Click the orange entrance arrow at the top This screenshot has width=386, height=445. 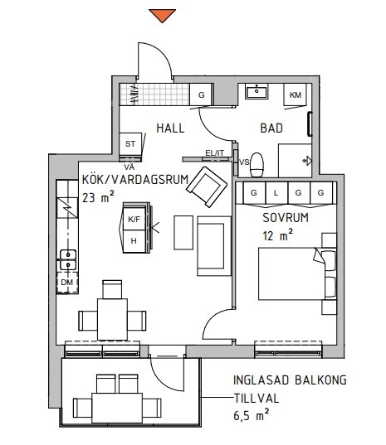tap(163, 15)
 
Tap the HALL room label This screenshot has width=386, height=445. tap(170, 128)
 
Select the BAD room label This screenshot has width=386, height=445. tap(271, 128)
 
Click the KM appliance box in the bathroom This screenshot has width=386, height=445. tap(296, 94)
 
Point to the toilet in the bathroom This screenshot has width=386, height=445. tap(257, 165)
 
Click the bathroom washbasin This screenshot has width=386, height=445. tap(257, 91)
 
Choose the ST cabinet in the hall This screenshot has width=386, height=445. tap(130, 144)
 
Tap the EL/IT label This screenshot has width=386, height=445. tap(215, 153)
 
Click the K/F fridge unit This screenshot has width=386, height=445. tap(134, 219)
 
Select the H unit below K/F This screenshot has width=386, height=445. tap(134, 241)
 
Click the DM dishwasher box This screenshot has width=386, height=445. tap(67, 283)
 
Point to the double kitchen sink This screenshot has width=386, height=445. tap(68, 259)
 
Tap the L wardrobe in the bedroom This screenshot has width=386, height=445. tap(276, 193)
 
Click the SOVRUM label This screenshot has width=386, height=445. tap(286, 218)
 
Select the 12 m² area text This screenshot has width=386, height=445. tap(278, 235)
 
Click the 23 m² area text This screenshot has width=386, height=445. tap(98, 196)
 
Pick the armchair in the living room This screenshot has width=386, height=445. tap(207, 186)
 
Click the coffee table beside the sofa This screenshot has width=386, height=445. tap(183, 233)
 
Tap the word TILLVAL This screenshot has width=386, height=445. tap(257, 399)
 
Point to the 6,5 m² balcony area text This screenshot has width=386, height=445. tap(252, 415)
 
